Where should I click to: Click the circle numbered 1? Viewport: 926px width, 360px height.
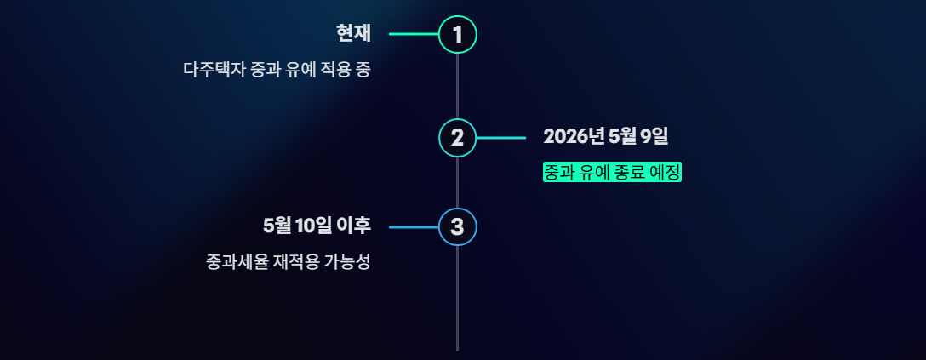(458, 35)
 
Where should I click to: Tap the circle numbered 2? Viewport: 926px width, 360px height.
(458, 138)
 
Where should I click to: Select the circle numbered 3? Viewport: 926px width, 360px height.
(458, 227)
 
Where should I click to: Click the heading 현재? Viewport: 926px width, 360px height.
(353, 34)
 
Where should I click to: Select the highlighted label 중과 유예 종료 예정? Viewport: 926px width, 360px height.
(613, 172)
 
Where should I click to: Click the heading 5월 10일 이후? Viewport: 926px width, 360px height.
(317, 226)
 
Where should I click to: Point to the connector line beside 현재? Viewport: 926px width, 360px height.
(414, 35)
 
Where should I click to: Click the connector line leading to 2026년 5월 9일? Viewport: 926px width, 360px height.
(501, 138)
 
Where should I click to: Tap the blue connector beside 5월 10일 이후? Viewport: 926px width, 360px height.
(414, 227)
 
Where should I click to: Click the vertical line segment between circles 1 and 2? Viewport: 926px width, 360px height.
(458, 86)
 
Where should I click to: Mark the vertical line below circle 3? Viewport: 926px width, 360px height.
(458, 298)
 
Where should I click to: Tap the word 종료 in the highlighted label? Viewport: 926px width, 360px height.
(626, 172)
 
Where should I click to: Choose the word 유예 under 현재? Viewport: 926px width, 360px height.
(304, 70)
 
